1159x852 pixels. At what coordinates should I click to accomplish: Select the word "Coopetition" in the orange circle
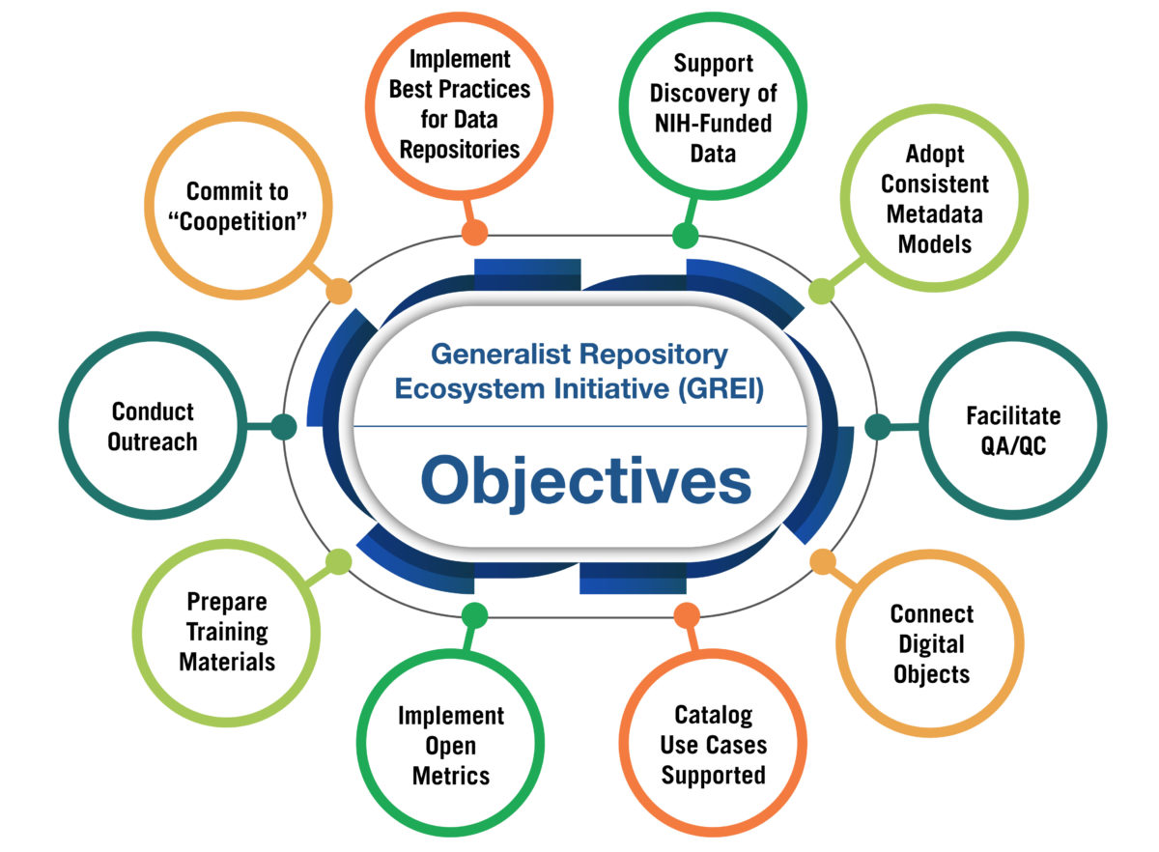(238, 220)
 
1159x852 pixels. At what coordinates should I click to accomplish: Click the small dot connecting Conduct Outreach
(283, 427)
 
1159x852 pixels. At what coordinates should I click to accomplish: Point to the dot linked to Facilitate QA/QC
(876, 427)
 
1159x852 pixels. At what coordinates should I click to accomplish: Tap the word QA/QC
(1013, 446)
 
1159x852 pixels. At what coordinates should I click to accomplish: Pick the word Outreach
(153, 442)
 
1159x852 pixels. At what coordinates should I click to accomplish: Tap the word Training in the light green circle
(227, 633)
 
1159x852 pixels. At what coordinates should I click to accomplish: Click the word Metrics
(451, 775)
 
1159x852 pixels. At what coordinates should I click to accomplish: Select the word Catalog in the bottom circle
(714, 716)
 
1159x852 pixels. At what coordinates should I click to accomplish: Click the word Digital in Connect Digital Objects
(931, 643)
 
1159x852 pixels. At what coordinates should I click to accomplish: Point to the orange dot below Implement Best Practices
(473, 233)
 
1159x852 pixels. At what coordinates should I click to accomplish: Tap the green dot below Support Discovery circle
(685, 235)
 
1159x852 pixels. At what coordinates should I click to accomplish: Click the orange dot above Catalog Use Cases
(686, 614)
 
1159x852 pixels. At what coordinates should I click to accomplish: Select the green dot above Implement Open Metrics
(474, 614)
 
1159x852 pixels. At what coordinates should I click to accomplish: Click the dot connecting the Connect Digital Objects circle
(822, 561)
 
